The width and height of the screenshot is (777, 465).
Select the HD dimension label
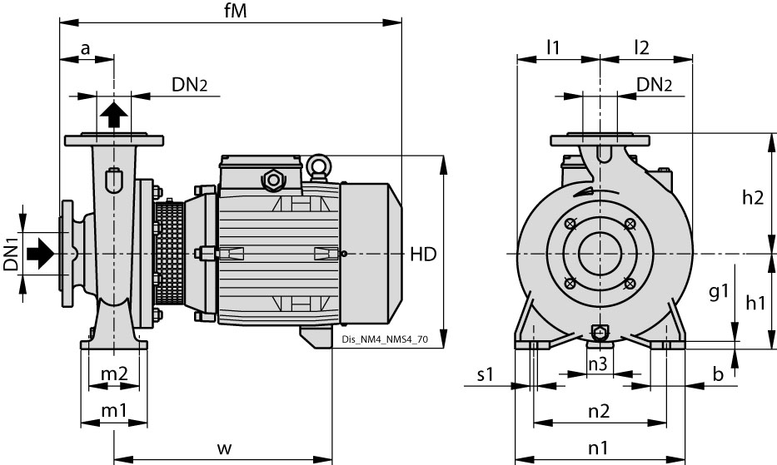coord(423,255)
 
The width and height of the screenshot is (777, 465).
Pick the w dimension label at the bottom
coord(223,448)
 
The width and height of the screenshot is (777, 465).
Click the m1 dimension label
coord(113,410)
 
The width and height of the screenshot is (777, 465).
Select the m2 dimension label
coord(113,375)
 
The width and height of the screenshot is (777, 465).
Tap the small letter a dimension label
coord(85,48)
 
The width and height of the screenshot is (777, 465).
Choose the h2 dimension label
coord(752,197)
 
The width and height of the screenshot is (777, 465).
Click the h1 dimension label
coord(755,304)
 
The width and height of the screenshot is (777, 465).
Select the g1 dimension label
coord(719,291)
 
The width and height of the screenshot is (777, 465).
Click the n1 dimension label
coord(598,448)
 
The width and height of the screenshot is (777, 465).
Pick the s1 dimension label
coord(486,375)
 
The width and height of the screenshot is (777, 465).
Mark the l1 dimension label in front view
coord(553,47)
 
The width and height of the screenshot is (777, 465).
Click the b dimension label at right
coord(718,375)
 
